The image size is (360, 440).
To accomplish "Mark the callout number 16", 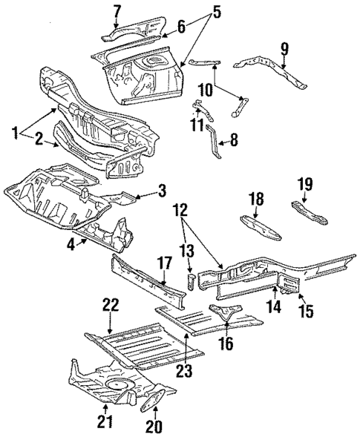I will (x=227, y=343).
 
